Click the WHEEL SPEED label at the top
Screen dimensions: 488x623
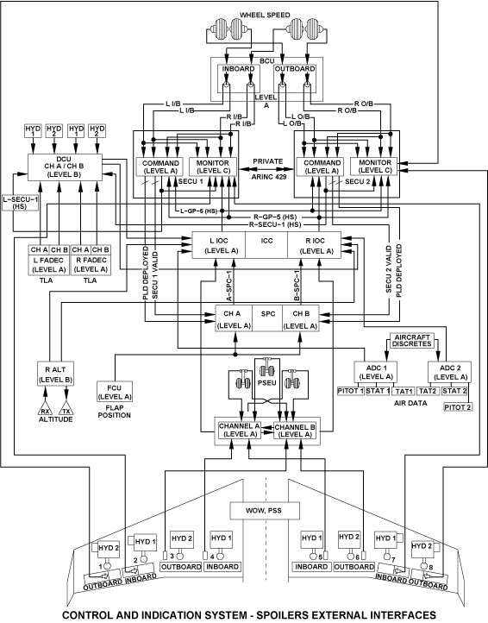265,15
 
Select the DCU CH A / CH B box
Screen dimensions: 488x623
65,167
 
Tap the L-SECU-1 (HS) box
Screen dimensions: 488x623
20,202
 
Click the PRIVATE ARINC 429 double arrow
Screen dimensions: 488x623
267,169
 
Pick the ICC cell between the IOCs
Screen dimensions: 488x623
266,245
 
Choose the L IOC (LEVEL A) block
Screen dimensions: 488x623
219,245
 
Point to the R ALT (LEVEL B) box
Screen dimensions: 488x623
55,374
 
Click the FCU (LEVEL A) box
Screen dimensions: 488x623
115,392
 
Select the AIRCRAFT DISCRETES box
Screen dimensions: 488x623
412,341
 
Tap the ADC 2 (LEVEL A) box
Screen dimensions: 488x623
449,372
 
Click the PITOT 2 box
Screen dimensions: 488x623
458,407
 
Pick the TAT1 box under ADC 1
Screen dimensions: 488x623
403,392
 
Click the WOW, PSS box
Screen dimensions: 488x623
265,511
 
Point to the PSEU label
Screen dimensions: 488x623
266,382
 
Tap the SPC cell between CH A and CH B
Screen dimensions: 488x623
267,318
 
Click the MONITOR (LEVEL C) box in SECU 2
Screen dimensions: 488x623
375,167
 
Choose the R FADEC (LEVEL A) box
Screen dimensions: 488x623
91,265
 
